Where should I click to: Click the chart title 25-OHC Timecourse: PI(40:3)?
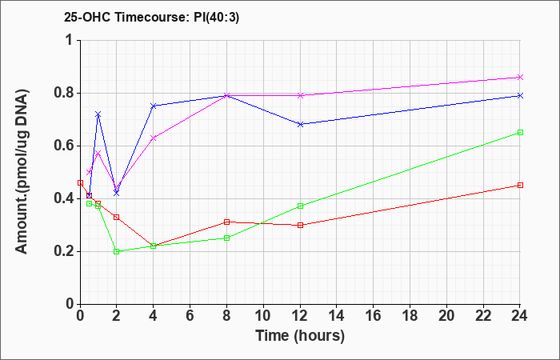click(151, 18)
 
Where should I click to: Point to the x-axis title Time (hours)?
click(300, 336)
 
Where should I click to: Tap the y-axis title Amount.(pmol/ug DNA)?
click(22, 172)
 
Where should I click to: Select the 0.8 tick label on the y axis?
click(63, 94)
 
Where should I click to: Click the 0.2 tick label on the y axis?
click(63, 251)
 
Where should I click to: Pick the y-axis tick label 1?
click(70, 40)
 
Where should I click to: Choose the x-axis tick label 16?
click(374, 316)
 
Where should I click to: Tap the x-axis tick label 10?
click(263, 316)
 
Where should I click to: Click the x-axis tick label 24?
click(520, 316)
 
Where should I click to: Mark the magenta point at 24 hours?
click(520, 77)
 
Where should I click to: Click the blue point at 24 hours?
click(520, 95)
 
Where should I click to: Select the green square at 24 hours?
click(520, 133)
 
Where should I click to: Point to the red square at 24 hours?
click(520, 186)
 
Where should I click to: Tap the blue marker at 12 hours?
click(300, 124)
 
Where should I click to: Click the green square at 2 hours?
click(117, 251)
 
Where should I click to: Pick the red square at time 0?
click(80, 183)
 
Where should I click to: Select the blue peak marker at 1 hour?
click(98, 114)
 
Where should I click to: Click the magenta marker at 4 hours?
click(154, 138)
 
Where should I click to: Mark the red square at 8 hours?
click(226, 222)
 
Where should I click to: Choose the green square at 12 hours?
click(300, 206)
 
